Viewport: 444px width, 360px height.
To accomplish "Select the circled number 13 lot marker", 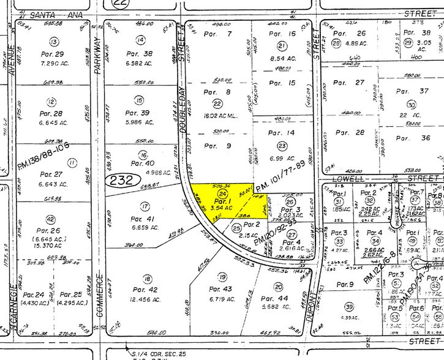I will tap(55, 42).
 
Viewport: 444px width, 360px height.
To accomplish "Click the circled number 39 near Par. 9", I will tap(349, 307).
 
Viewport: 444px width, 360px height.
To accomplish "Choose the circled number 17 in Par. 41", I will tap(145, 206).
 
